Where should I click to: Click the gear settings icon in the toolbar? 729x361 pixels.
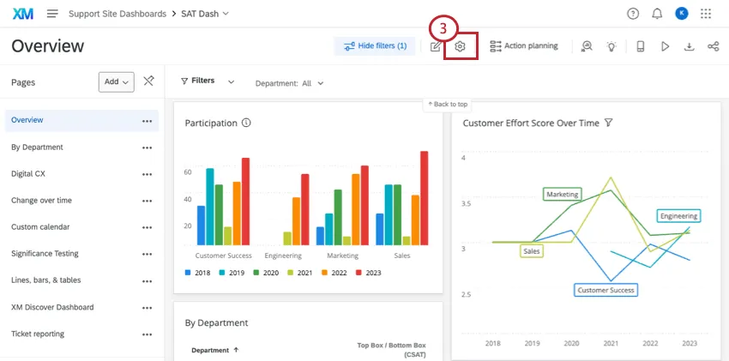pos(461,46)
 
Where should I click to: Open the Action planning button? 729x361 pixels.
pos(523,46)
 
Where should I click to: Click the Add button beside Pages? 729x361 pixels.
pos(117,81)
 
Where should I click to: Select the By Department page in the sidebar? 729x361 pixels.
pos(37,147)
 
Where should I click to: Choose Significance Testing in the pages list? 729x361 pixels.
pos(45,254)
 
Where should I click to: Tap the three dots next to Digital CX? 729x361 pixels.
pos(147,174)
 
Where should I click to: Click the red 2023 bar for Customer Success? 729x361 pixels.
pos(245,201)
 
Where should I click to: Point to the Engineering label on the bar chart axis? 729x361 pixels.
pos(282,256)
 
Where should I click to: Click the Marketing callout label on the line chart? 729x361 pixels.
pos(562,195)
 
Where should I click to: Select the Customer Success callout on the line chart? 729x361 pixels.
pos(605,290)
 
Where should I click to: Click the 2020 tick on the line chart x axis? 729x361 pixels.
pos(571,343)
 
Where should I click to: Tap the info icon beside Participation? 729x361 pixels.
pos(246,123)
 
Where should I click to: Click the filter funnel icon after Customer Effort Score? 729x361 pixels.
pos(608,123)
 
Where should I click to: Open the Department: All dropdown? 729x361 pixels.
pos(290,83)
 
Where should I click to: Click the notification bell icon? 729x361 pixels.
pos(657,14)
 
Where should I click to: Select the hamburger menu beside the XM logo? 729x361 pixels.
pos(52,14)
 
